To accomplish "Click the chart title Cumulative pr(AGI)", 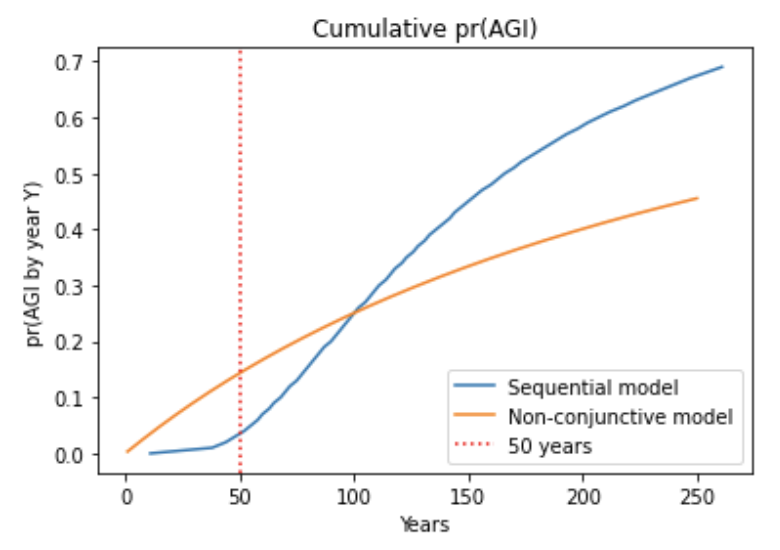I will tap(425, 29).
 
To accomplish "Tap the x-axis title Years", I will tap(425, 524).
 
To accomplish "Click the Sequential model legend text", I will tap(593, 388).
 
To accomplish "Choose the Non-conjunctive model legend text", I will tap(620, 417).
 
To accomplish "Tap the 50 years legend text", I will tap(550, 446).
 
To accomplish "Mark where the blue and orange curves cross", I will tap(355, 312).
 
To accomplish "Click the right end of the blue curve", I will tap(723, 66).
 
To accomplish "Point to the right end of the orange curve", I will tap(697, 198).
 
